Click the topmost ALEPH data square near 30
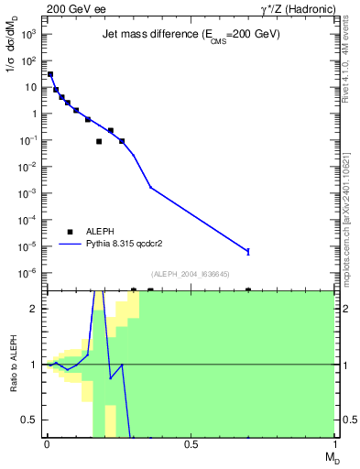(50, 74)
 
